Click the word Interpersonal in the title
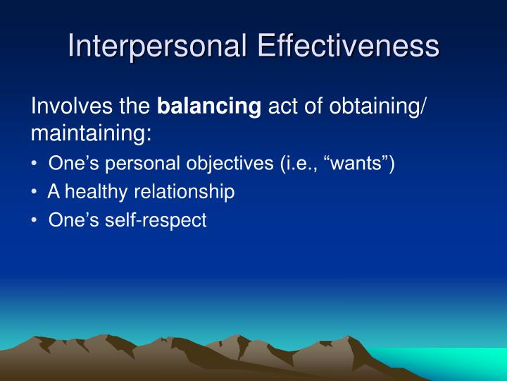click(x=157, y=47)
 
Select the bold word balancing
click(x=209, y=107)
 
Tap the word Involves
click(x=72, y=106)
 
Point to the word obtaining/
click(x=378, y=107)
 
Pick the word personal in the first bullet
click(x=142, y=164)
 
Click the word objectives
click(x=230, y=164)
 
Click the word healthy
click(x=96, y=192)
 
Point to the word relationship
click(x=184, y=192)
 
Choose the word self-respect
click(x=156, y=221)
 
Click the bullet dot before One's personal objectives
click(x=35, y=164)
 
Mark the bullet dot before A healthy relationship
click(x=35, y=192)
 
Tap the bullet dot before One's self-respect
click(x=35, y=220)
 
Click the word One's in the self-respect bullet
click(x=73, y=220)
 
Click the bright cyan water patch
click(x=453, y=361)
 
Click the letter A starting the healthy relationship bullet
click(x=54, y=192)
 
